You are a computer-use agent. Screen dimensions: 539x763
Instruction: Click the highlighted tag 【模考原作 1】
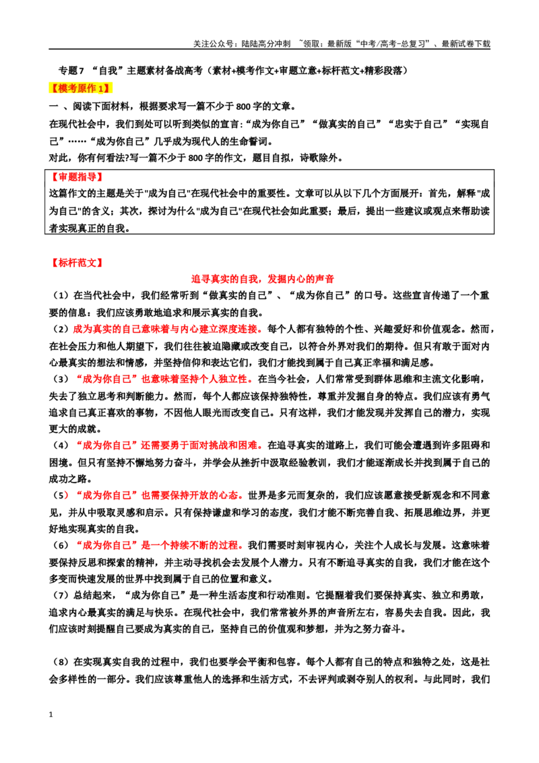coord(80,88)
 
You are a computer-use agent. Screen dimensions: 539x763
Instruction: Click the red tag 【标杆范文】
coord(77,263)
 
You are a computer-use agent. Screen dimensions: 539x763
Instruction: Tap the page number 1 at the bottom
coord(51,714)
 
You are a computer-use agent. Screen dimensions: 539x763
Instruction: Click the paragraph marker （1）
coord(61,295)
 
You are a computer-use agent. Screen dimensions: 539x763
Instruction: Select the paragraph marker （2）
coord(61,329)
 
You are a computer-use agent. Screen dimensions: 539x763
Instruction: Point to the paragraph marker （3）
coord(61,379)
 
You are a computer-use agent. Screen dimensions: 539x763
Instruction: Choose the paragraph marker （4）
coord(61,446)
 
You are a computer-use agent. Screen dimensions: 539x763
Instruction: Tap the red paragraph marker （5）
coord(61,495)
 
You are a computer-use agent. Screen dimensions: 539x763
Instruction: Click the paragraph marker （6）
coord(61,545)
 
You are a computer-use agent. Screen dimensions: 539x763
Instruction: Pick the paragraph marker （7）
coord(61,595)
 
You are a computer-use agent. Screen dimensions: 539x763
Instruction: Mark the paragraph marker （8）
coord(61,662)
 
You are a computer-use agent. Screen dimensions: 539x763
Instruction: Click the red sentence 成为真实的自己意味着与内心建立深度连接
coord(165,329)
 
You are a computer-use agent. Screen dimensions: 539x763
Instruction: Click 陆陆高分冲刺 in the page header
coord(265,44)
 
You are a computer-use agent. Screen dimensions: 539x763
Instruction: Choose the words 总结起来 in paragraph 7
coord(92,595)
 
